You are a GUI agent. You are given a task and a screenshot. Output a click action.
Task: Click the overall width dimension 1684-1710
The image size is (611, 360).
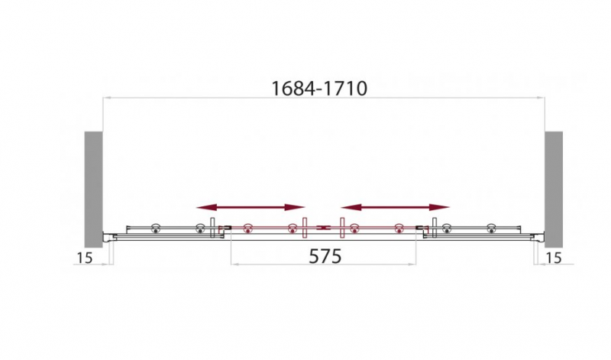(318, 89)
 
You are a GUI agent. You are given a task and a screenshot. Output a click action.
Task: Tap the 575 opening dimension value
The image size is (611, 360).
(325, 256)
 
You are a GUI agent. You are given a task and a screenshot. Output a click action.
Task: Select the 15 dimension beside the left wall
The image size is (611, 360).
(84, 258)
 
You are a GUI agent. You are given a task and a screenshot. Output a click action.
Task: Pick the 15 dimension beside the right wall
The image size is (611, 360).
(553, 258)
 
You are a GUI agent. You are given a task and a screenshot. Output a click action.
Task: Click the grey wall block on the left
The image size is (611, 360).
(93, 189)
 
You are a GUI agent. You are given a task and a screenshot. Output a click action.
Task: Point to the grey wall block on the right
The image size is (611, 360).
(554, 189)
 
